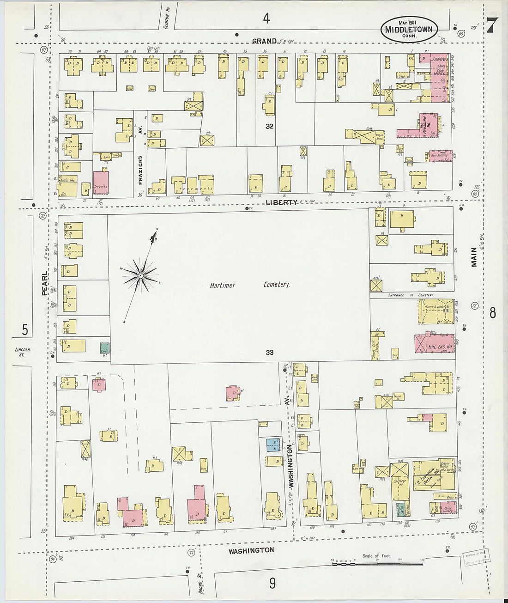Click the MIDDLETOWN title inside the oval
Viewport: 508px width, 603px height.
point(409,29)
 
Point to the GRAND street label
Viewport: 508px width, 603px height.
point(264,41)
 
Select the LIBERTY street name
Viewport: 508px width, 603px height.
point(281,202)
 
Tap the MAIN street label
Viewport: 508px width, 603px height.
point(474,257)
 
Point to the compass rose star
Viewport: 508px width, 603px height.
point(140,276)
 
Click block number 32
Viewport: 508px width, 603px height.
point(270,126)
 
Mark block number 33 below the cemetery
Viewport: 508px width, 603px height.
point(270,353)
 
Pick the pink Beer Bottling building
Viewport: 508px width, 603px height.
point(439,156)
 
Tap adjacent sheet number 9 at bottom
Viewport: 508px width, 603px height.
point(272,584)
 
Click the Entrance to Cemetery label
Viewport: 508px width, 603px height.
point(411,295)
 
